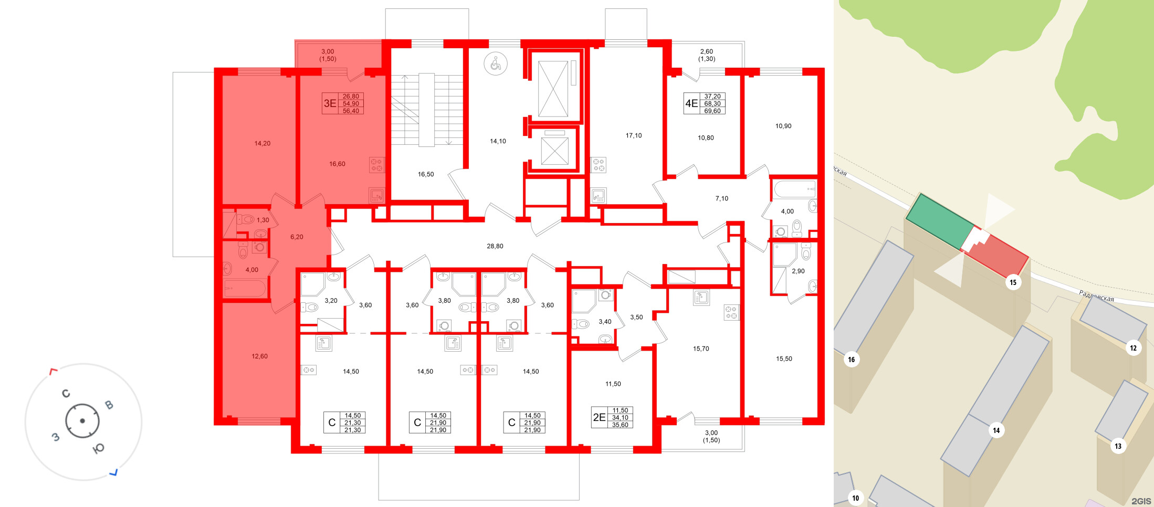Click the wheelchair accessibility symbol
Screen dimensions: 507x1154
(496, 64)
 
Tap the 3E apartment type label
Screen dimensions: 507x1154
(330, 103)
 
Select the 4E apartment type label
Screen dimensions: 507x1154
(691, 103)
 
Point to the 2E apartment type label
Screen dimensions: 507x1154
(599, 417)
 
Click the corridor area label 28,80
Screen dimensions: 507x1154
(495, 246)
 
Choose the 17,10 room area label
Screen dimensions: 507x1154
(633, 135)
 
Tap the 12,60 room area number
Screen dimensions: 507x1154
(259, 356)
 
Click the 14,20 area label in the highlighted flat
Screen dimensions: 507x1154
(262, 143)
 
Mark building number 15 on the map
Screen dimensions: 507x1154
(1013, 282)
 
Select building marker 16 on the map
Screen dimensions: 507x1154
(851, 360)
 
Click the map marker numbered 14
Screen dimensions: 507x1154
(996, 430)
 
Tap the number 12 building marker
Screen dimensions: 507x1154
(1133, 348)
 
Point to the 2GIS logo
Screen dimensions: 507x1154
(1140, 501)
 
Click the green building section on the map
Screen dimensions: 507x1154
(939, 221)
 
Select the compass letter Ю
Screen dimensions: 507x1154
(98, 448)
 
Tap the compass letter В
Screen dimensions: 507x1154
(109, 405)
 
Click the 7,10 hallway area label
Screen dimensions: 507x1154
(721, 198)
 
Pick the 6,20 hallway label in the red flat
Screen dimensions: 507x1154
(297, 237)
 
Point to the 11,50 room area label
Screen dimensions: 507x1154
(613, 384)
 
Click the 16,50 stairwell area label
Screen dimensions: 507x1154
(426, 174)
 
